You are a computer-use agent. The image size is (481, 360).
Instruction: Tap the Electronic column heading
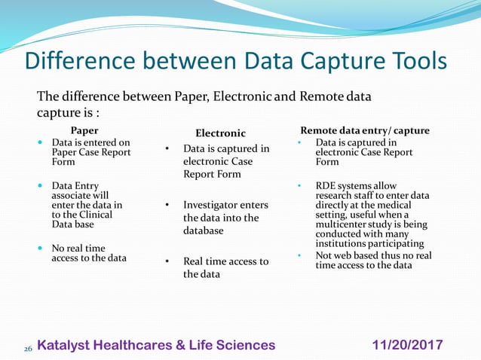click(x=220, y=133)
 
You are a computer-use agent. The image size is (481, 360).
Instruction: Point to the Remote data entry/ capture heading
click(x=365, y=130)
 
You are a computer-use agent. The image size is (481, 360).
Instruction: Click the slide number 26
click(x=28, y=349)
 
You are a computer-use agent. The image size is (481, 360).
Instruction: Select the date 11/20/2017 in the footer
click(x=408, y=345)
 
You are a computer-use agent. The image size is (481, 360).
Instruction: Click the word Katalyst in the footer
click(x=64, y=345)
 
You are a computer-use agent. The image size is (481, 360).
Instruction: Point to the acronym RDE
click(x=327, y=186)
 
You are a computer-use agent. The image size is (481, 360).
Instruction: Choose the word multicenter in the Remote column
click(x=345, y=224)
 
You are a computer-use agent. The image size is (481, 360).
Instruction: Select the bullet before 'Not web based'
click(x=299, y=255)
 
